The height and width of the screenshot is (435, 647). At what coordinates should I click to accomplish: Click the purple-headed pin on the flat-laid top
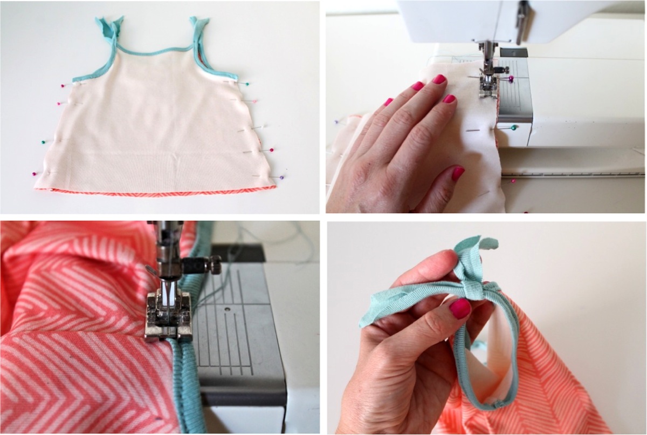[282, 177]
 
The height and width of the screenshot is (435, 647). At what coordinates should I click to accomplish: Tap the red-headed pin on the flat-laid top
[271, 149]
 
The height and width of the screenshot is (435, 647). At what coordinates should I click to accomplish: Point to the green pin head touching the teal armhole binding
[246, 84]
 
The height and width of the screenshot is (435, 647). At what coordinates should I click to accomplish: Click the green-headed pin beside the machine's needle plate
[515, 128]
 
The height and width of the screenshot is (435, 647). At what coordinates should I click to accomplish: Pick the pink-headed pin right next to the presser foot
[510, 79]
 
